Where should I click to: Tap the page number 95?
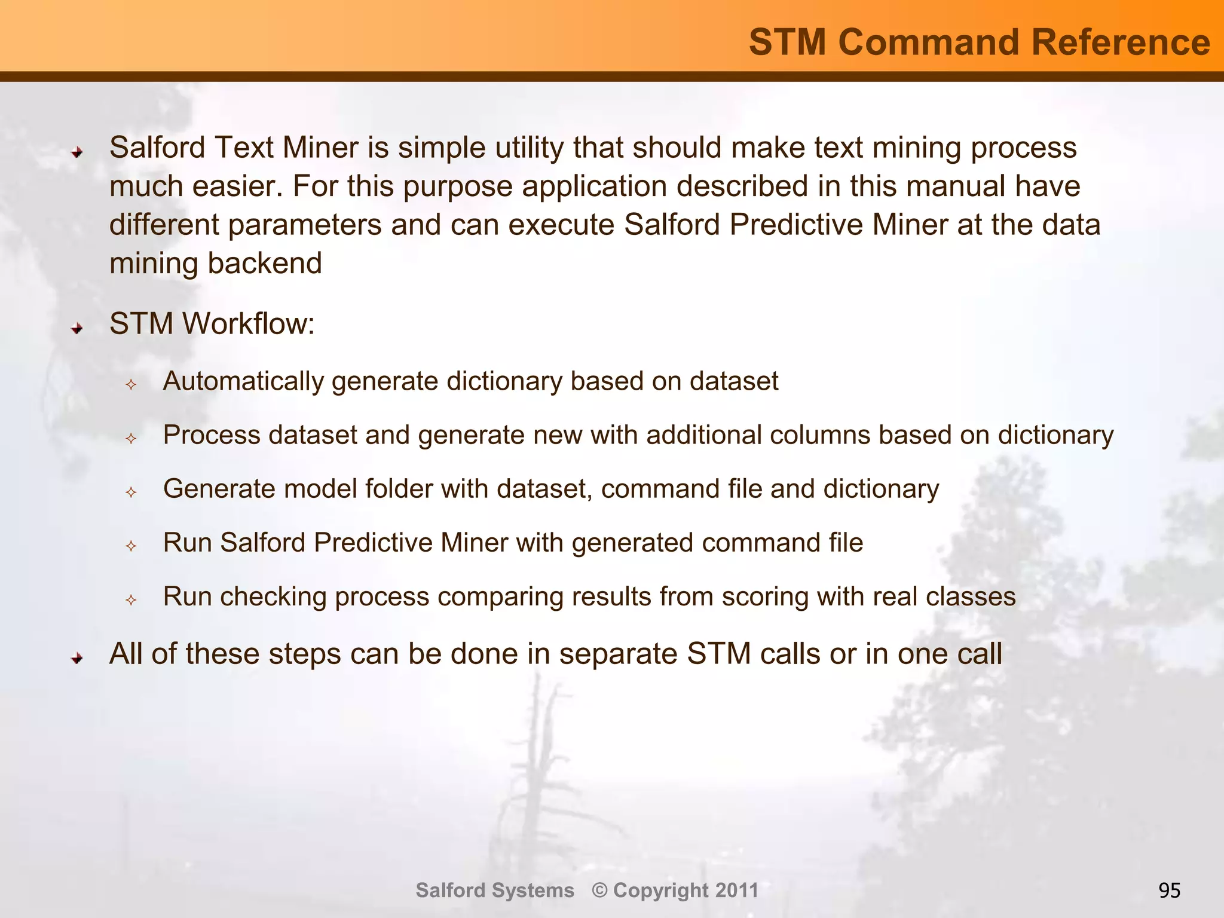point(1169,891)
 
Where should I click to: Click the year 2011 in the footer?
point(736,891)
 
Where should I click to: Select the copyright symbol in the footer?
point(600,891)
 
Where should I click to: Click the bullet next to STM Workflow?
point(76,328)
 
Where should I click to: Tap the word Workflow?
point(248,324)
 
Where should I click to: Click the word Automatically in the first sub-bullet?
point(243,382)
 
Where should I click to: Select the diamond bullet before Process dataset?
point(131,439)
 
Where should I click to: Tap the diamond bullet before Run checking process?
point(131,600)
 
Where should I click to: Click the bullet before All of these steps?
point(76,658)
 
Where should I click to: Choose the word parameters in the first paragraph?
point(305,225)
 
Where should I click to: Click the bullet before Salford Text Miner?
point(76,152)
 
